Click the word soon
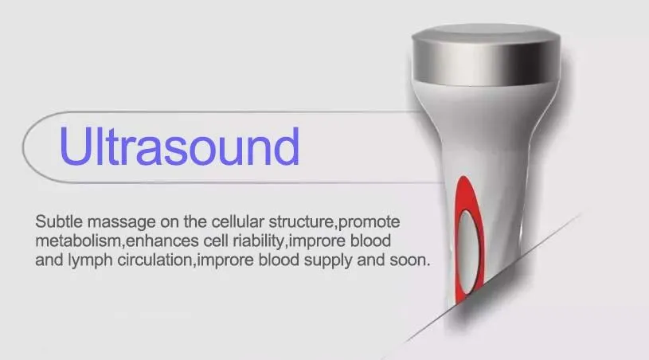coord(412,260)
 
